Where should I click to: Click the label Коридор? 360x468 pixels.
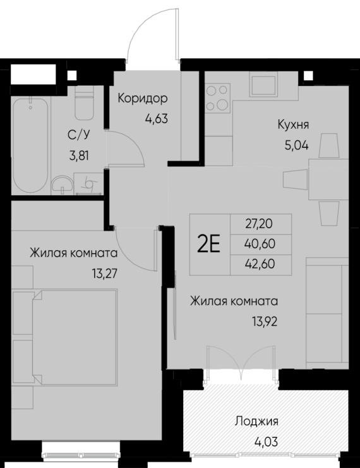point(143,99)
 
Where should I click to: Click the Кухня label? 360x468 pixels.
point(292,124)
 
